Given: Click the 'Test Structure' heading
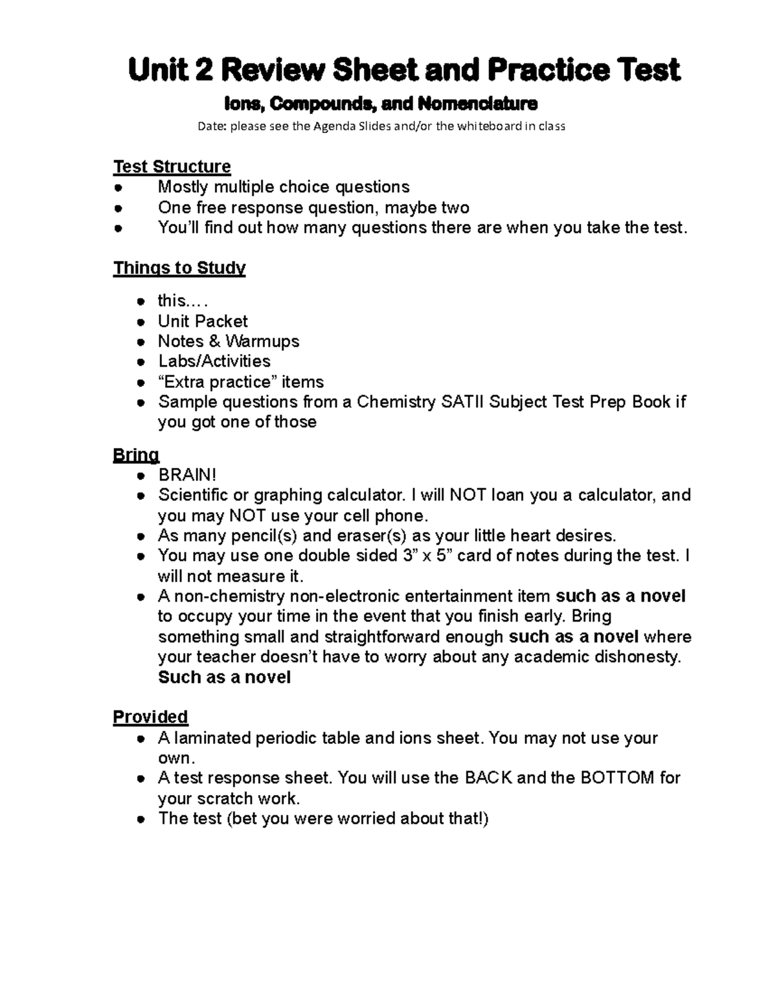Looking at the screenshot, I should (172, 166).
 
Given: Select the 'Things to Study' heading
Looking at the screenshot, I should (179, 268).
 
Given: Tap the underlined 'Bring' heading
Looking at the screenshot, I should (136, 455).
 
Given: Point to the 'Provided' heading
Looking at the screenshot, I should (150, 717).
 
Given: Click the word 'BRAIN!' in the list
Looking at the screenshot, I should (188, 475).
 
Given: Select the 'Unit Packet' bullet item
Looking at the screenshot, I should (202, 321).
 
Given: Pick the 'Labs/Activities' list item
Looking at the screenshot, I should (214, 361).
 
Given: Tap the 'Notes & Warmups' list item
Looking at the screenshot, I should (228, 341).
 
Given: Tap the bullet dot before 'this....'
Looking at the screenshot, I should (140, 301).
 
